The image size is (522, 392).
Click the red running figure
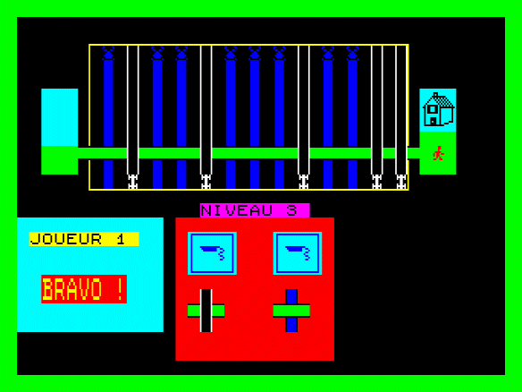[x=439, y=153]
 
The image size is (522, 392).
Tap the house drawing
[x=438, y=109]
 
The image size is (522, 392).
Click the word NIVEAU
[x=237, y=210]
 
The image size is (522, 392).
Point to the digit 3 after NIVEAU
[x=291, y=210]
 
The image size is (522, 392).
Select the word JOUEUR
[x=65, y=239]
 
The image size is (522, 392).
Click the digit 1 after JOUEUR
[x=121, y=239]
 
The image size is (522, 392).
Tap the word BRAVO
[x=72, y=289]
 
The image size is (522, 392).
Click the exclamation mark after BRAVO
[x=120, y=289]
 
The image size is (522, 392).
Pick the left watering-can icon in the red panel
[x=212, y=253]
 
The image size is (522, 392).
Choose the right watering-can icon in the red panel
[x=298, y=253]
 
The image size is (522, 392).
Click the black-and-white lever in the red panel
[x=206, y=311]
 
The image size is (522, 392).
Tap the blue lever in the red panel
[x=291, y=311]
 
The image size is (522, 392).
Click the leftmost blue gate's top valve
[x=108, y=53]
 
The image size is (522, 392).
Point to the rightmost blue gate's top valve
[x=352, y=53]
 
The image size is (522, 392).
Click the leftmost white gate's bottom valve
[x=133, y=182]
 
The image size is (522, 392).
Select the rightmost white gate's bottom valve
[x=401, y=182]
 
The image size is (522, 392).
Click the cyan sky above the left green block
[x=60, y=117]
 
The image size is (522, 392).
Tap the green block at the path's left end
[x=60, y=160]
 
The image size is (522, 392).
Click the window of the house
[x=433, y=109]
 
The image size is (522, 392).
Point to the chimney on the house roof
[x=436, y=95]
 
